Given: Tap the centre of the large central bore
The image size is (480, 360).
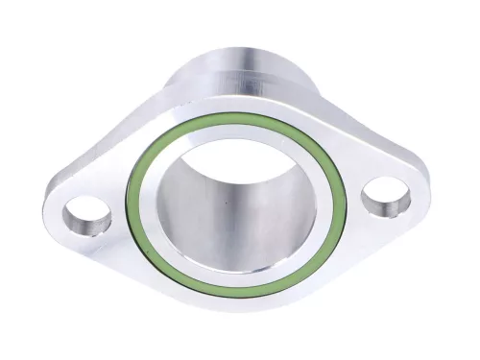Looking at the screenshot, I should pos(236,206).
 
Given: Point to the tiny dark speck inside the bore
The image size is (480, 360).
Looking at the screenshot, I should pos(227,202).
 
